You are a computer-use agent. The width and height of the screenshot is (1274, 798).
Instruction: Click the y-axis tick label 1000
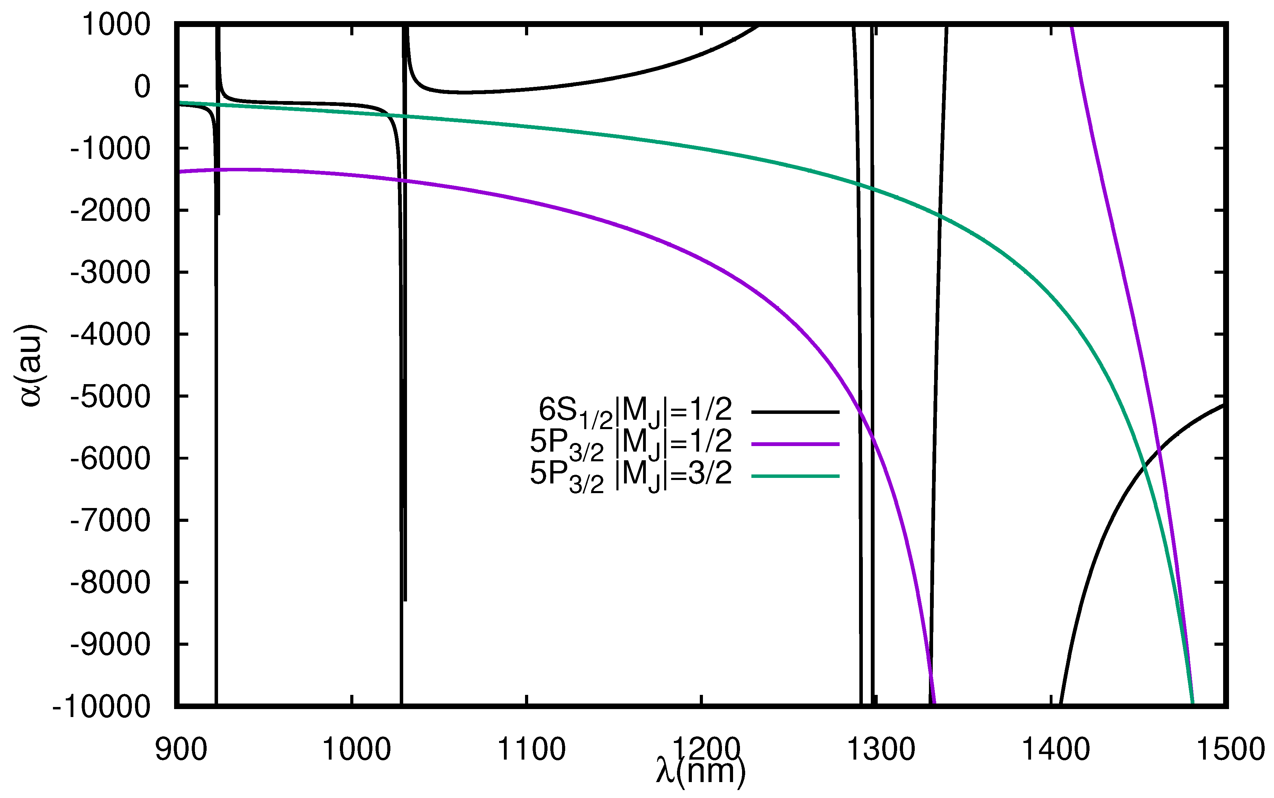click(116, 25)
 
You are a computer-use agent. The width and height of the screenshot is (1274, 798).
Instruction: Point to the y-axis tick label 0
click(142, 87)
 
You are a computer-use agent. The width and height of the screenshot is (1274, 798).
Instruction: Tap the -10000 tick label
click(101, 707)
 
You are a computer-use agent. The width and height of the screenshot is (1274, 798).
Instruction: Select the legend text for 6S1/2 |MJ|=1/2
click(635, 411)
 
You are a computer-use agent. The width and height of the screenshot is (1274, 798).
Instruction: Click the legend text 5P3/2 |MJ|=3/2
click(631, 475)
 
